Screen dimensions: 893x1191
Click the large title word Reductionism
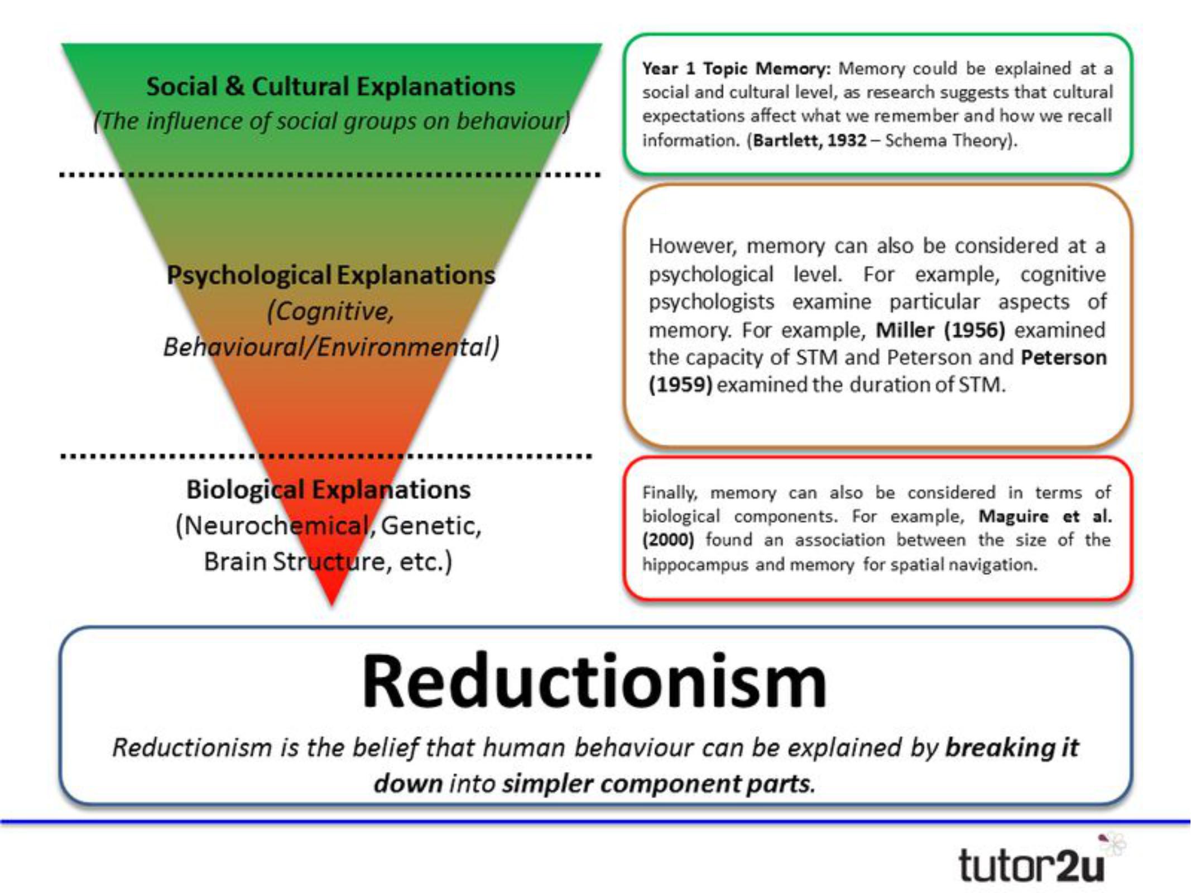coord(594,682)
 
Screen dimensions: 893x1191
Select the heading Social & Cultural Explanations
coord(330,87)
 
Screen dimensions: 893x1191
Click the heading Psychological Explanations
coord(330,275)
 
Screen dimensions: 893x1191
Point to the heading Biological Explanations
coord(328,489)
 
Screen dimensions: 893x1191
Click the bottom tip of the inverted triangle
coord(332,603)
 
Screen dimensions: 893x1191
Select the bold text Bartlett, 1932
coord(810,140)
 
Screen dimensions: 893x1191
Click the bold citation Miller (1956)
coord(940,330)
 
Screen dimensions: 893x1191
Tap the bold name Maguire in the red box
coord(1014,516)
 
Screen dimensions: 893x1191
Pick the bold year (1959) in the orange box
coord(680,385)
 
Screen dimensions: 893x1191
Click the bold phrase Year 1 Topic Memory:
coord(736,69)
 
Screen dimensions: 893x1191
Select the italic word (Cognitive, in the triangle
coord(330,311)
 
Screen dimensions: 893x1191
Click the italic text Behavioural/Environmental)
coord(330,347)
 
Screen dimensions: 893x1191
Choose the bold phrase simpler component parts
coord(659,784)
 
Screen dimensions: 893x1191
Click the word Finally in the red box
coord(670,493)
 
